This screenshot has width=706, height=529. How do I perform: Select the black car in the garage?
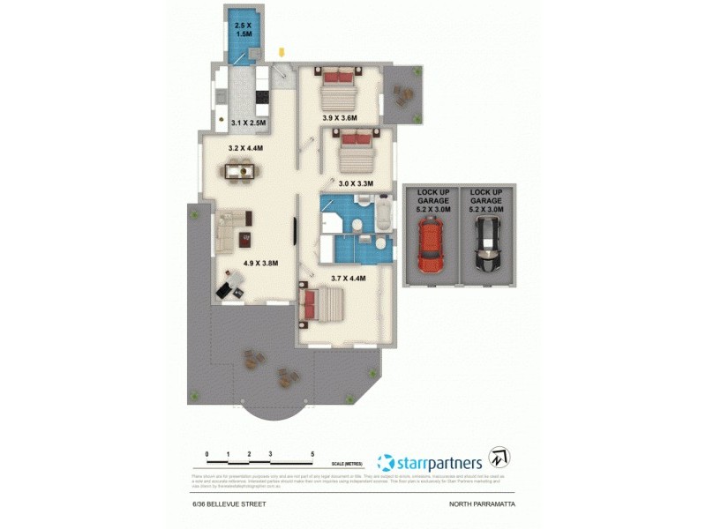486,248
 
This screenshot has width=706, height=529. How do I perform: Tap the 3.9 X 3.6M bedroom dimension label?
339,118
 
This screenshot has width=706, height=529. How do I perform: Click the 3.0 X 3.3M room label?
357,183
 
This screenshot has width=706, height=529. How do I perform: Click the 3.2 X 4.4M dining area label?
246,149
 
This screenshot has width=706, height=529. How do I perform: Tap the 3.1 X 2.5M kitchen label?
248,123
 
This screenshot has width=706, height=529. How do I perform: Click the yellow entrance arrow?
282,54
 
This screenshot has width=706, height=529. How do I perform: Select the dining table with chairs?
241,172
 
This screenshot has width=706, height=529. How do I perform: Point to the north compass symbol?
500,458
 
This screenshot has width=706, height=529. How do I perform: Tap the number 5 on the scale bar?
312,454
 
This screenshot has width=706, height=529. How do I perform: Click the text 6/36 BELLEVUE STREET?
229,503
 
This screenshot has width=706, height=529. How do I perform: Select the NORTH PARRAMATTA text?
481,503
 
